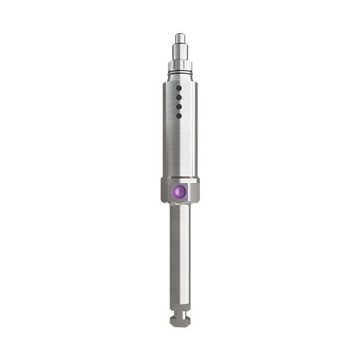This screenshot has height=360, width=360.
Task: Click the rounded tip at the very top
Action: click(x=179, y=37)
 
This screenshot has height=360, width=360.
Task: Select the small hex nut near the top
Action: click(x=179, y=65)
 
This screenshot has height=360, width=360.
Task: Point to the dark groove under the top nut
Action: click(x=179, y=72)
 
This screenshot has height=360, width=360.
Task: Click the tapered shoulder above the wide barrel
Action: click(x=179, y=77)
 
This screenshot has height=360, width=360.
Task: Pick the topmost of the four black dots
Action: click(x=178, y=88)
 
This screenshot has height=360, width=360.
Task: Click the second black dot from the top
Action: click(x=178, y=97)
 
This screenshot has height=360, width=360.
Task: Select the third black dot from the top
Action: click(x=178, y=106)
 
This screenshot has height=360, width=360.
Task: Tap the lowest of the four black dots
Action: click(x=178, y=115)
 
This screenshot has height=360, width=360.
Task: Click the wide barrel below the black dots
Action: click(x=179, y=147)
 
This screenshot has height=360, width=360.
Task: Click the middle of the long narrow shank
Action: click(x=179, y=256)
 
